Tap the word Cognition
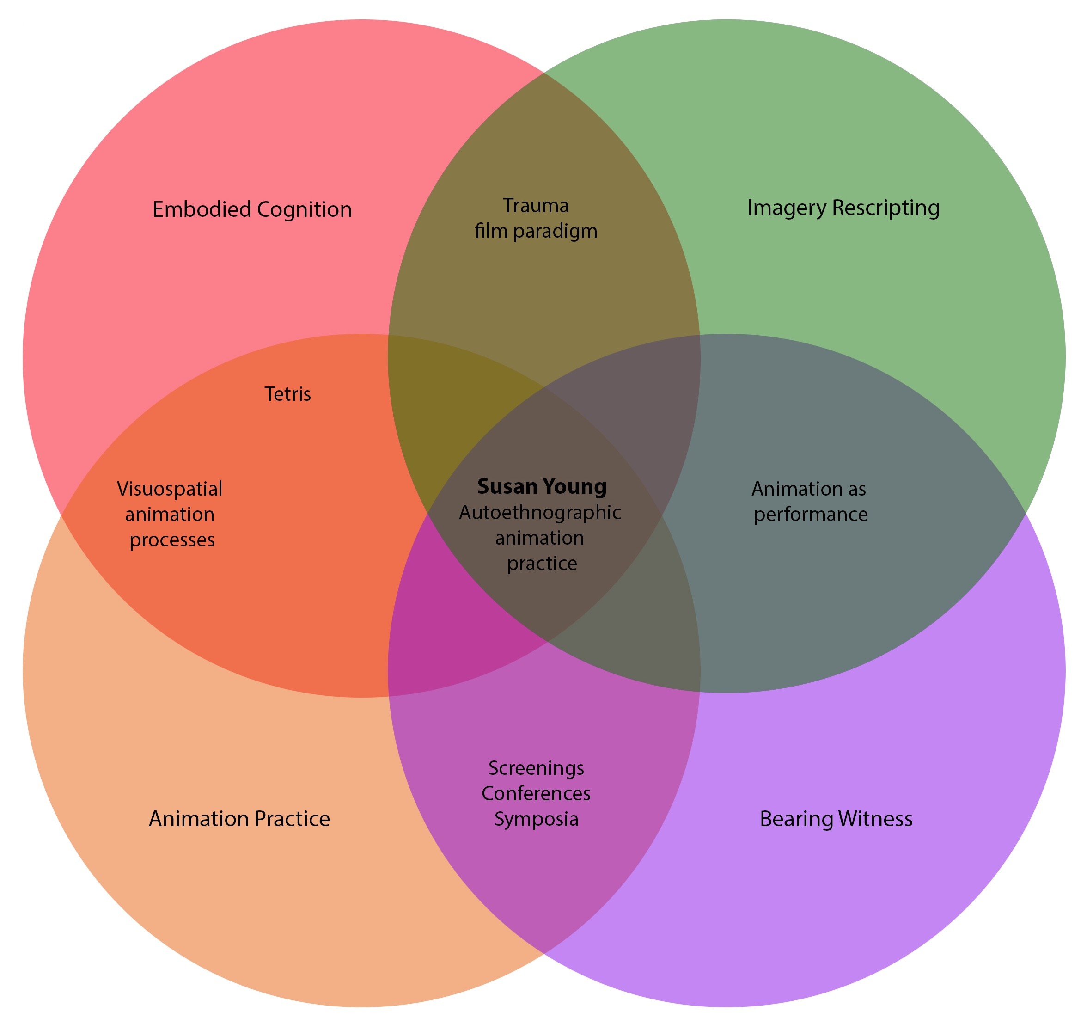click(304, 210)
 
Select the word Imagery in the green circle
click(786, 208)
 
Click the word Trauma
click(535, 206)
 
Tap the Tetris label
click(287, 394)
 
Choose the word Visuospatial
click(170, 489)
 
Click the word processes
click(172, 540)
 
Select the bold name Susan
click(507, 486)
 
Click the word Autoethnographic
click(540, 513)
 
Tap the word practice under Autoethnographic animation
click(542, 564)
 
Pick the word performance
click(810, 515)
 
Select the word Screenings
click(536, 768)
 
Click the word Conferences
click(536, 793)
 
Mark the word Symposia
click(536, 819)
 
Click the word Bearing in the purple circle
click(795, 819)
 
